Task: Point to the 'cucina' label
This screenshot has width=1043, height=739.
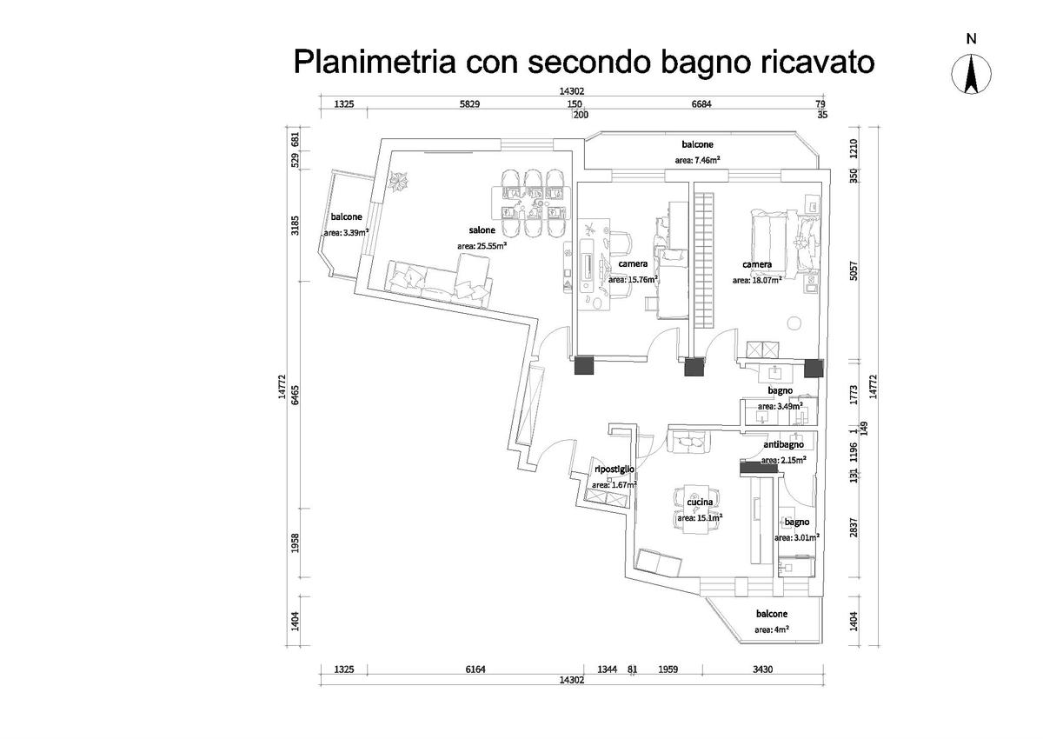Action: point(700,503)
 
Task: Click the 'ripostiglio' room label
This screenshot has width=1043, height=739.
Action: point(614,469)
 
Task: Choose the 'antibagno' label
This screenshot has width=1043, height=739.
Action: point(784,444)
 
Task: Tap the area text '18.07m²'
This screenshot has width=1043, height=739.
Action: point(765,280)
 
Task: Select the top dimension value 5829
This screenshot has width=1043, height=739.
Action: point(469,104)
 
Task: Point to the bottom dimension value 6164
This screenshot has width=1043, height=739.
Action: point(476,669)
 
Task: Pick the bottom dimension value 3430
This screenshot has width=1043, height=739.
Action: point(763,669)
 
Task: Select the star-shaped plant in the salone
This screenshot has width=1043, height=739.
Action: point(402,182)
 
